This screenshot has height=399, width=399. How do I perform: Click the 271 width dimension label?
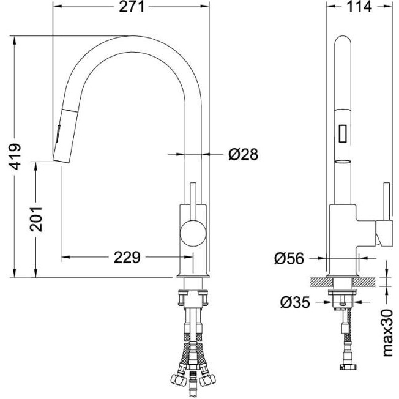point(132,6)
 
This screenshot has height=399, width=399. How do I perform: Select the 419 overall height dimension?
point(15,157)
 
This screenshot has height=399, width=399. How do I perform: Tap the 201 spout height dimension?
point(35,219)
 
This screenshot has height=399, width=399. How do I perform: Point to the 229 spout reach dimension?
point(127,257)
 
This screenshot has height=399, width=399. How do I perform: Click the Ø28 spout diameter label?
point(244,154)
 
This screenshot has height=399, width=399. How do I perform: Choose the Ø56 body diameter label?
point(289,258)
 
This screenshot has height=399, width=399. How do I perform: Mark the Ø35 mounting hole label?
point(295,302)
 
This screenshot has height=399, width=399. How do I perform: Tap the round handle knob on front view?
point(193,233)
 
